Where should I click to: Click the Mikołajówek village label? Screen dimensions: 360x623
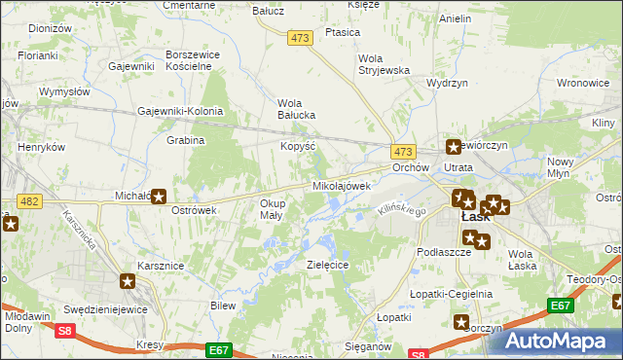[342, 186]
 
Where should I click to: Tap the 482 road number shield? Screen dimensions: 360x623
[29, 200]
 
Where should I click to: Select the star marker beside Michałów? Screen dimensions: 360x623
[158, 196]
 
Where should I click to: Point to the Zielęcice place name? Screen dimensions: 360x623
[328, 265]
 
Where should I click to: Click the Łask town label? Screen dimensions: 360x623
[475, 218]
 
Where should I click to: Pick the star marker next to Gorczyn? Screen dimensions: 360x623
[460, 322]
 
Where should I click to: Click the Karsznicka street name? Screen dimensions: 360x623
[79, 231]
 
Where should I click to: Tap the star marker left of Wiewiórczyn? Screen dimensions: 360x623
[453, 147]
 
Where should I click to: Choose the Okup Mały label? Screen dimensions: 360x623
[272, 209]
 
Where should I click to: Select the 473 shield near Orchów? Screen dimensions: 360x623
[404, 152]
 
